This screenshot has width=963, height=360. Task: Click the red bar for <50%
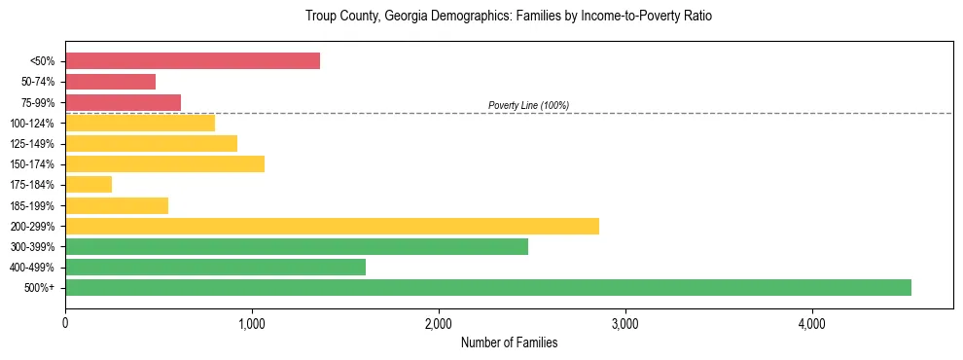tap(193, 60)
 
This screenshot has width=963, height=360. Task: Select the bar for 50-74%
tap(110, 82)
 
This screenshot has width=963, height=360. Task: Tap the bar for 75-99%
tap(123, 102)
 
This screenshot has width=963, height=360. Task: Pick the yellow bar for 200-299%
tap(332, 226)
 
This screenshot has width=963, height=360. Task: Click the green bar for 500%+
tap(488, 287)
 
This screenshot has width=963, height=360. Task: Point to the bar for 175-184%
tap(89, 184)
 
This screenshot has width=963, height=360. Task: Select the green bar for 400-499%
tap(215, 267)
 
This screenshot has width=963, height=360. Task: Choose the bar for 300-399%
tap(297, 246)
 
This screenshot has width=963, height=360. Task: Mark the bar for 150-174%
tap(164, 163)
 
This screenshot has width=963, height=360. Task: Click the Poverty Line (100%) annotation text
tap(528, 105)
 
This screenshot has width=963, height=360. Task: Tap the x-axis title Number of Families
tap(509, 343)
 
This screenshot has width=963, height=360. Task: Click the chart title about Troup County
tap(509, 17)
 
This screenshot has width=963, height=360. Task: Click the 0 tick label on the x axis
tap(65, 322)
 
